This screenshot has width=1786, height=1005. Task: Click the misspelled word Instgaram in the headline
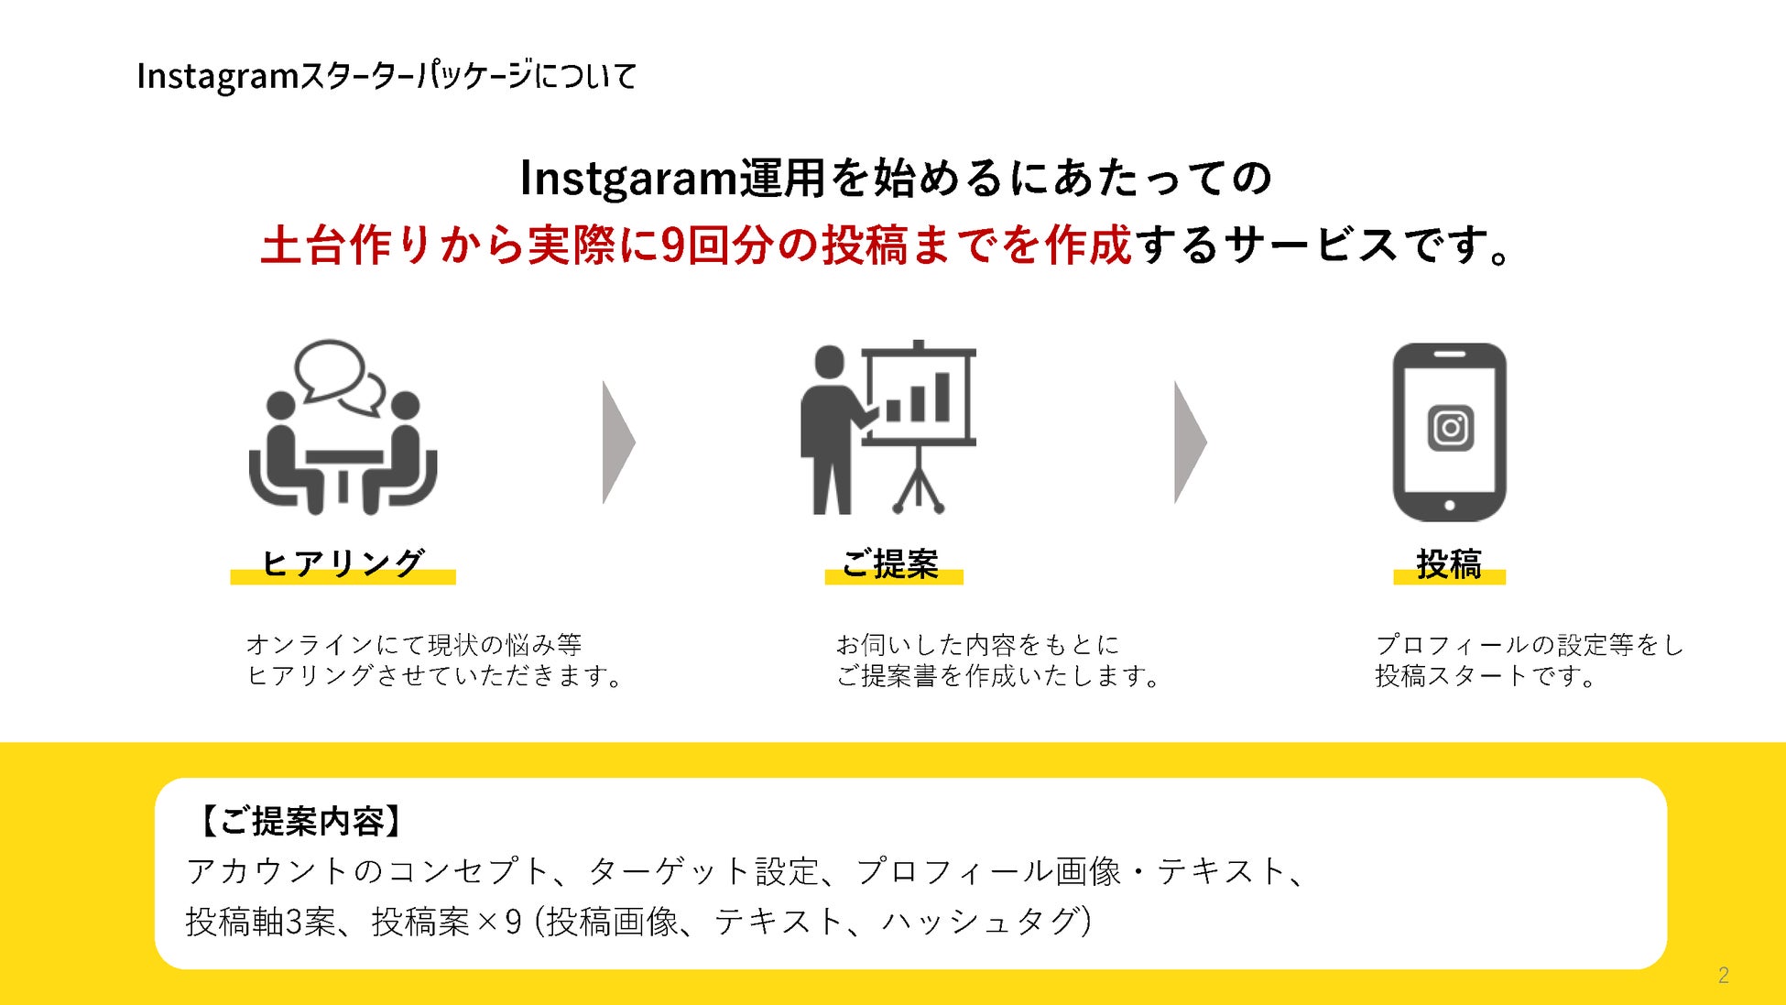click(628, 178)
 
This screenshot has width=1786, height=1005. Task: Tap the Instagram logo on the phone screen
click(1450, 428)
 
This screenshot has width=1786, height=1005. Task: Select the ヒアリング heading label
click(343, 563)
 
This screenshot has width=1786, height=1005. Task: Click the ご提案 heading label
click(891, 563)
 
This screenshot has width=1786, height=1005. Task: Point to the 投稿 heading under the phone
click(1449, 563)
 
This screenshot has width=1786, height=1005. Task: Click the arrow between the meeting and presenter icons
click(617, 442)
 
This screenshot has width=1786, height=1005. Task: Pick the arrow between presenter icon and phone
click(1189, 442)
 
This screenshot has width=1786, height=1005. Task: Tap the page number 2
click(1723, 975)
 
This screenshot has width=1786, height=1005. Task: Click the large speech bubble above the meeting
click(328, 369)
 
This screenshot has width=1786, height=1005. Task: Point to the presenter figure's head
click(829, 362)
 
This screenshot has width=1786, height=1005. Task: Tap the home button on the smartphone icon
click(1449, 506)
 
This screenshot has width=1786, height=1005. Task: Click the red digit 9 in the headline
click(672, 246)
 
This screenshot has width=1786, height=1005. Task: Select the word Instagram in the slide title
click(218, 76)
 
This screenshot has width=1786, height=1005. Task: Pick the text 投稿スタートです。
click(1486, 676)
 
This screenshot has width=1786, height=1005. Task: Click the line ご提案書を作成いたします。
click(998, 676)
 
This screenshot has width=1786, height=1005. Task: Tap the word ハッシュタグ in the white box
click(979, 922)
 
